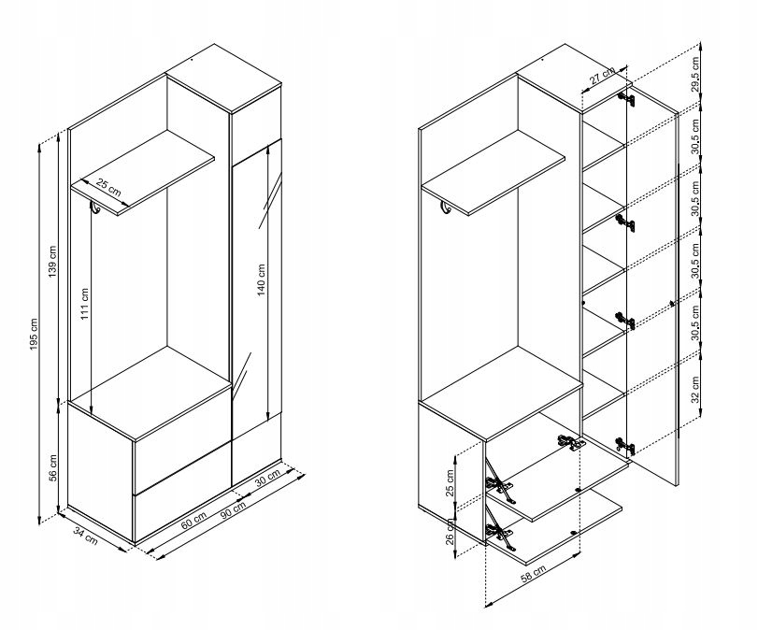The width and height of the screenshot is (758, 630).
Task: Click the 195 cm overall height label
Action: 34,335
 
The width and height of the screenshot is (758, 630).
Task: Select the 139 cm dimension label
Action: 52,262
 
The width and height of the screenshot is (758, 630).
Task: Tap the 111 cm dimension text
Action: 85,304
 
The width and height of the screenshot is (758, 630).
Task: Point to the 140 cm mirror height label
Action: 261,279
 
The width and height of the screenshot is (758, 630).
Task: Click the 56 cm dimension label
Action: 53,468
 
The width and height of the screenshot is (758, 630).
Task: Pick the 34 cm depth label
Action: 86,536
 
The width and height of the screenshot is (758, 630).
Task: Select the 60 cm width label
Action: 194,520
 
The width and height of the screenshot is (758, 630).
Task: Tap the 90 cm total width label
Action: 233,510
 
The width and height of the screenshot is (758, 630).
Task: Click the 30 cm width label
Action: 267,479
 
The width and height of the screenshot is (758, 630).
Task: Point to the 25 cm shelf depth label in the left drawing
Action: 108,187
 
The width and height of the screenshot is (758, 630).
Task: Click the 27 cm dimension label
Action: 602,77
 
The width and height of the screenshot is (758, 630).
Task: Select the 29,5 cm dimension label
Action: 695,74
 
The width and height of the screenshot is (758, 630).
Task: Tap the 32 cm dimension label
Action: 695,390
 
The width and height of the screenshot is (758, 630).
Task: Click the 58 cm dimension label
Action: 533,573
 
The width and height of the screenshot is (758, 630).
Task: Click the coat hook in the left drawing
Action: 94,208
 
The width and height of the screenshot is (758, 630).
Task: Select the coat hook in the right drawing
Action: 445,208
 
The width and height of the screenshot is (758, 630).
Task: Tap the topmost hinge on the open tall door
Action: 626,100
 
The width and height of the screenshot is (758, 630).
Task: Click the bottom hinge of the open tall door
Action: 625,446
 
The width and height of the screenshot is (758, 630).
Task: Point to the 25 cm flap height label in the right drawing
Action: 451,483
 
